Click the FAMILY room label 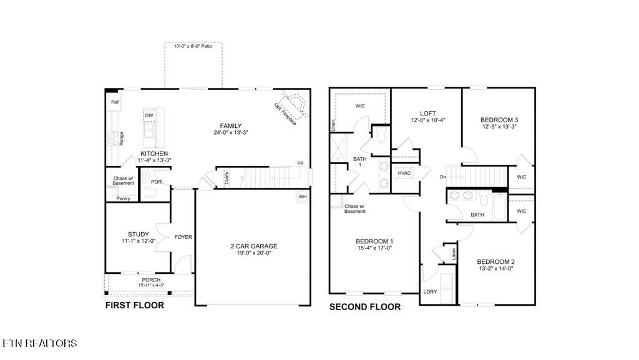230,126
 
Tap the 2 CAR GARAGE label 254,246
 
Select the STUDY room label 138,235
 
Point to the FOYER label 183,237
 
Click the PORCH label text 151,280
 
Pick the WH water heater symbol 303,197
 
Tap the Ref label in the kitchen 115,102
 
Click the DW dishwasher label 149,116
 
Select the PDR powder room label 157,182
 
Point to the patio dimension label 193,46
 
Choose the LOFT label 428,114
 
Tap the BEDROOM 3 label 499,120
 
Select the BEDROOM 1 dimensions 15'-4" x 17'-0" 374,248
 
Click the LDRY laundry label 430,291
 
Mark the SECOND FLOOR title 364,307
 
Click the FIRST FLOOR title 135,306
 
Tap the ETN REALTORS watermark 40,343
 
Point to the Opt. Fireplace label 285,115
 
